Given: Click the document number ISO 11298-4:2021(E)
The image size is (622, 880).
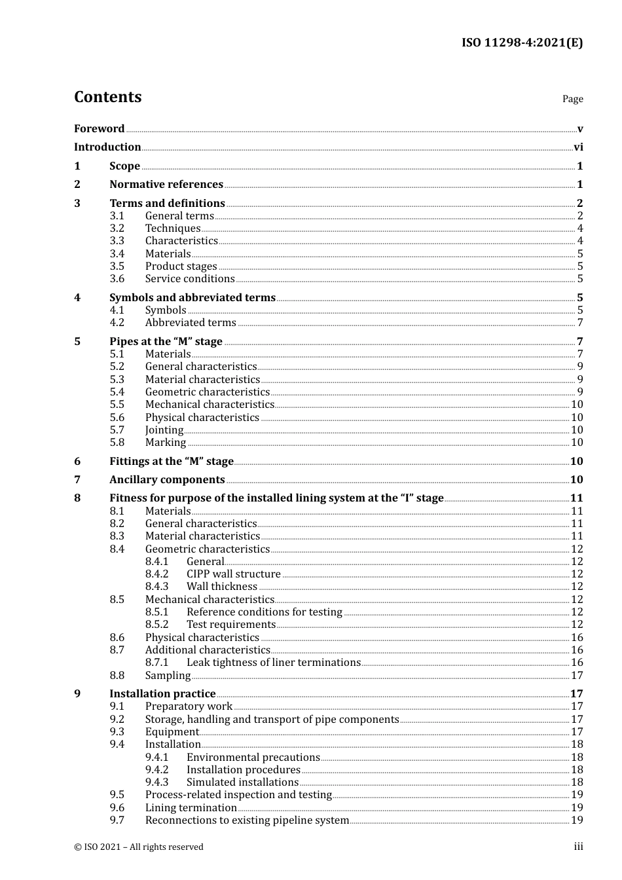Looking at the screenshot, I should (x=522, y=43).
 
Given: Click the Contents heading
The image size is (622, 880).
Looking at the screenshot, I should (x=108, y=97).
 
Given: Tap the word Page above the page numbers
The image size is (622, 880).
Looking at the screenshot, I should (x=572, y=99).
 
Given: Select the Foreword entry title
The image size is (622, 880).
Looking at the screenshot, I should (x=99, y=129).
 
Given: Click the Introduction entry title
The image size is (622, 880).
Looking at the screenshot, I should (x=107, y=147).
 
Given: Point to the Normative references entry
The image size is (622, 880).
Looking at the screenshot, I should (x=166, y=185).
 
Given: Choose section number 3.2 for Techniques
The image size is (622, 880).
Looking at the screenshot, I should (x=117, y=229).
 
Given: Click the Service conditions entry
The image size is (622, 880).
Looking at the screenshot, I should (x=190, y=279).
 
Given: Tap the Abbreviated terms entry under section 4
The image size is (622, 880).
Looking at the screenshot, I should (x=191, y=323).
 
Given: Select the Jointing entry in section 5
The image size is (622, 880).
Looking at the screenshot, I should (x=164, y=430).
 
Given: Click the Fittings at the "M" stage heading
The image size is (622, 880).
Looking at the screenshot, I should (x=172, y=462).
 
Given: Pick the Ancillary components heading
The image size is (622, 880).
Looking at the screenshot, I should (x=167, y=480).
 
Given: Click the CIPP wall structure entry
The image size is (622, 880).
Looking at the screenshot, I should (x=234, y=574).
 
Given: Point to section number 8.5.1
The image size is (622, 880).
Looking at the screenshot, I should (x=157, y=612).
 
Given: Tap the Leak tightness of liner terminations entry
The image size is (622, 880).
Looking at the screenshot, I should (x=274, y=663).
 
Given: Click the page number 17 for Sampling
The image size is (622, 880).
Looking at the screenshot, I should (x=577, y=676).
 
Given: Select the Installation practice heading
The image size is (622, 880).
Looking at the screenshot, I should (x=162, y=694).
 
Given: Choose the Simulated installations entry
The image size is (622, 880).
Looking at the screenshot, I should (x=242, y=782).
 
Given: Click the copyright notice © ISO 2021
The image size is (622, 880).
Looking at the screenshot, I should (x=139, y=847).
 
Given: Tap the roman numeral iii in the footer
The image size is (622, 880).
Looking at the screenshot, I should (x=579, y=847).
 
